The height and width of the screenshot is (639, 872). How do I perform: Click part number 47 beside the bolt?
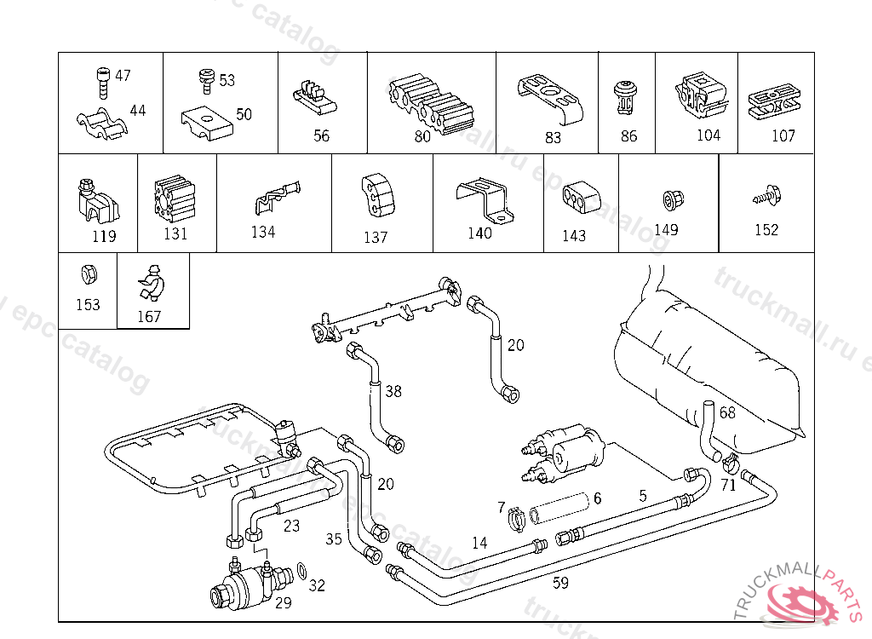click(x=123, y=76)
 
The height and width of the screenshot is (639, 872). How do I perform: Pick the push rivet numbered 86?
click(x=627, y=98)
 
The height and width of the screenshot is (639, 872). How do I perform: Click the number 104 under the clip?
click(x=708, y=135)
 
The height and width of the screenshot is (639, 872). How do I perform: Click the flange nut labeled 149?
click(x=668, y=201)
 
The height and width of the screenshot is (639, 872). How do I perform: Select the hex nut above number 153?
click(x=87, y=274)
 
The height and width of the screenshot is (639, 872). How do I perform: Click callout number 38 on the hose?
click(x=393, y=391)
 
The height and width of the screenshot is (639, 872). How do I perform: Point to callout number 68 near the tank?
click(x=727, y=412)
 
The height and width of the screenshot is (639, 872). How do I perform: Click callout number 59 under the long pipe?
click(x=560, y=583)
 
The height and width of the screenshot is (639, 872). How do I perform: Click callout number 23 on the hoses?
click(x=291, y=526)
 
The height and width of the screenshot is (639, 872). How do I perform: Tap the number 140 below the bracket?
click(x=479, y=233)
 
